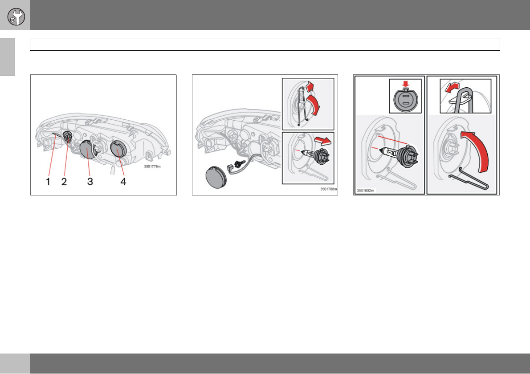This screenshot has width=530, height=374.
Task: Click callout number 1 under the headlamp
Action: (48, 181)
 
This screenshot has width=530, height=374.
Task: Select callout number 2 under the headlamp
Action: (64, 181)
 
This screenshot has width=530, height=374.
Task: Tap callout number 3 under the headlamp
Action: (90, 181)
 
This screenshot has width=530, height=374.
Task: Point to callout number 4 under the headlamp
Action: (123, 181)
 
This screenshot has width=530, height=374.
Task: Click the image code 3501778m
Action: (152, 167)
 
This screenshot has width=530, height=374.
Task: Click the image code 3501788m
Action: (329, 189)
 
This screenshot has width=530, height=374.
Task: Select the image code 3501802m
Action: (365, 191)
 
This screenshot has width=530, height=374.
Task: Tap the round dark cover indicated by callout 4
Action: (118, 149)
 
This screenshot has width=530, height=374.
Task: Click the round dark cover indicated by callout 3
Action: (88, 150)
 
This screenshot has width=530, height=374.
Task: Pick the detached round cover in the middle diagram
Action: (216, 177)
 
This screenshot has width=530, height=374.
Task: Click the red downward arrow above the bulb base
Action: (405, 83)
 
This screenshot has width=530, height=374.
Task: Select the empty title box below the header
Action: (265, 44)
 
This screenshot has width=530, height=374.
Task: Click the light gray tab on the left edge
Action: (8, 57)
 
